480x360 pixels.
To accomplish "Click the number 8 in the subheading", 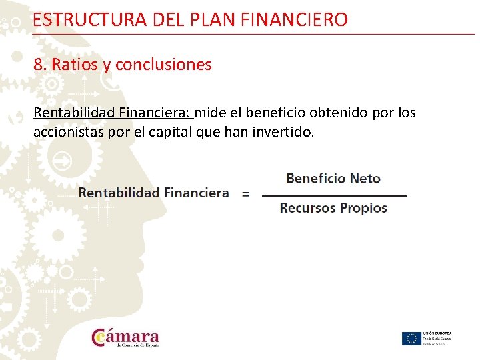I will (38, 65).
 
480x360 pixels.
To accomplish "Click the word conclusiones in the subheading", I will (163, 65).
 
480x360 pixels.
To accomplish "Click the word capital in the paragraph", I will (173, 132).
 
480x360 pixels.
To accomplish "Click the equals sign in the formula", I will (245, 193).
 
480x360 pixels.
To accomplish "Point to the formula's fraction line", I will (334, 196).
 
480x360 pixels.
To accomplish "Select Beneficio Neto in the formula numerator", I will (333, 179).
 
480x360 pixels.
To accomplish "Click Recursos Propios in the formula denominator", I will (333, 208).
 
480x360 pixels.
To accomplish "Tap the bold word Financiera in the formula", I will (196, 193).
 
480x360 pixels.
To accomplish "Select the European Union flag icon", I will (411, 338).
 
